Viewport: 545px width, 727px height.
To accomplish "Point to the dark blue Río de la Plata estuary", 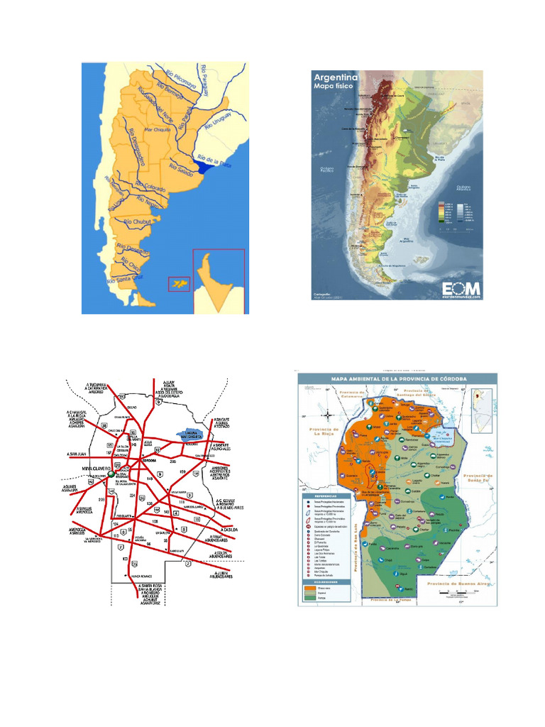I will (x=205, y=168).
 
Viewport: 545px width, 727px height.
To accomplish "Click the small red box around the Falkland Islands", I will (x=179, y=284).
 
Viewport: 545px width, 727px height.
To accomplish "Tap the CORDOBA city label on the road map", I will (x=150, y=460).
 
